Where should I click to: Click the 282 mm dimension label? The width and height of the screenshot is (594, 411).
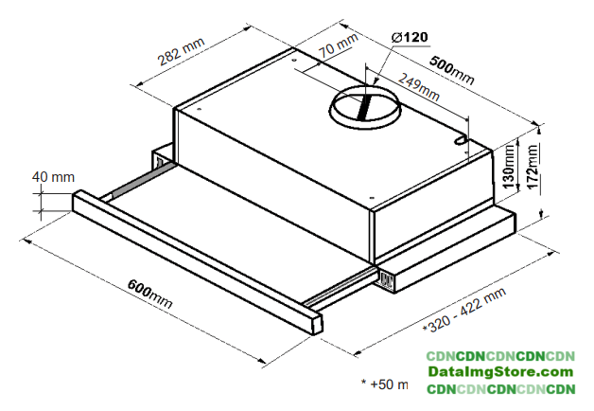tap(181, 52)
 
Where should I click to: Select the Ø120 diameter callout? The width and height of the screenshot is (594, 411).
tap(410, 37)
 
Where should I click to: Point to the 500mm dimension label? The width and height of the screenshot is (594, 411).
tap(451, 71)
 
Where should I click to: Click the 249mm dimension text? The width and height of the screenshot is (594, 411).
tap(418, 87)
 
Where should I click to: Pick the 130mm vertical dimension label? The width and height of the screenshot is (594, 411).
tap(509, 167)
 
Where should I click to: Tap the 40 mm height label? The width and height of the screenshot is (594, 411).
tap(53, 177)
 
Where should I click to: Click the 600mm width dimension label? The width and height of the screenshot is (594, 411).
tap(149, 294)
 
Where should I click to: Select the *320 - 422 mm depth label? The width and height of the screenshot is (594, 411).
tap(464, 310)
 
